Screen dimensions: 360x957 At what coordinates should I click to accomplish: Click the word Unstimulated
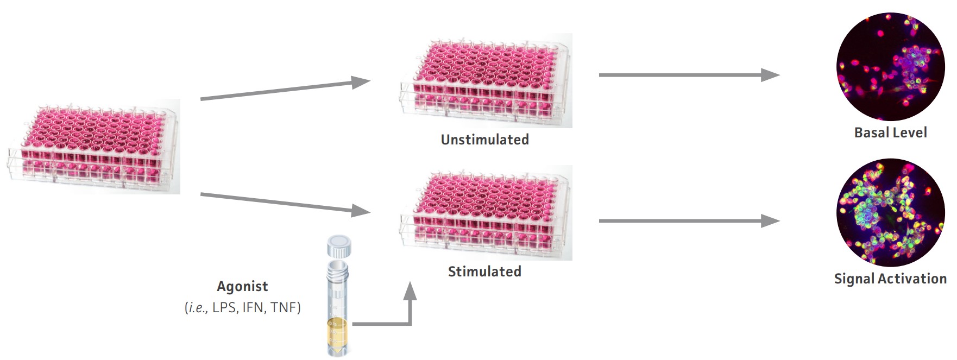[x=484, y=140]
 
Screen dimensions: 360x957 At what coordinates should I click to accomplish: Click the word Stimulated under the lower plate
[x=484, y=271]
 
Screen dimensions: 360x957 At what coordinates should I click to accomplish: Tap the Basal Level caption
[x=890, y=132]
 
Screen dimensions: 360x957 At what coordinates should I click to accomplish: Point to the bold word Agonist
[x=242, y=286]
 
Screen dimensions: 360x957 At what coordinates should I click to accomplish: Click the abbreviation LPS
[x=224, y=307]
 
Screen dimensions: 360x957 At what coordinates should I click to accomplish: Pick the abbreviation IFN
[x=253, y=307]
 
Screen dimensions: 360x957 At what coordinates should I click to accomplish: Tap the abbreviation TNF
[x=284, y=307]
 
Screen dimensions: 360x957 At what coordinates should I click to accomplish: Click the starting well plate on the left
[x=93, y=146]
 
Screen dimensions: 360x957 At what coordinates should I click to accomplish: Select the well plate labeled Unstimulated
[x=486, y=80]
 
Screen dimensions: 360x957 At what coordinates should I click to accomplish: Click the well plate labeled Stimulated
[x=486, y=213]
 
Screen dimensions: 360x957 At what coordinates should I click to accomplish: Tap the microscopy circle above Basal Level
[x=890, y=66]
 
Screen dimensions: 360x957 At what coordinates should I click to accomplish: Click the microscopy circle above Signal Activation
[x=890, y=212]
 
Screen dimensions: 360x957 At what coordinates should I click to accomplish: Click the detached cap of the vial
[x=339, y=245]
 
